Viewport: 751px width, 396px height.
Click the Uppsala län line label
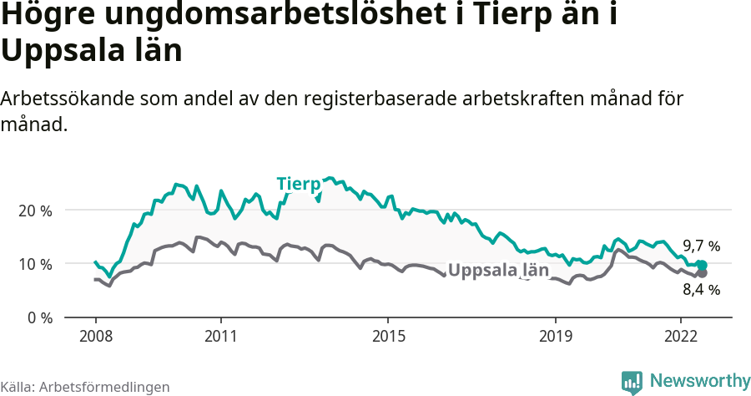pos(498,271)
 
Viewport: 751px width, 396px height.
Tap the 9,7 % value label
pos(701,246)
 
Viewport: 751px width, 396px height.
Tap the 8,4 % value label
pos(701,290)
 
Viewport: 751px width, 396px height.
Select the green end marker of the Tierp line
pos(702,265)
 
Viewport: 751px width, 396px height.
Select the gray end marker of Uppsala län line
pos(702,273)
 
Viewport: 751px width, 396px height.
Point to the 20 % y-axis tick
pos(35,211)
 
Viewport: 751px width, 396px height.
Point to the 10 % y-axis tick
pos(35,264)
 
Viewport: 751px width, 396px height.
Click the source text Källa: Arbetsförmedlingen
pos(85,387)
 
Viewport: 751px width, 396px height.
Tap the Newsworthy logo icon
pos(632,382)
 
